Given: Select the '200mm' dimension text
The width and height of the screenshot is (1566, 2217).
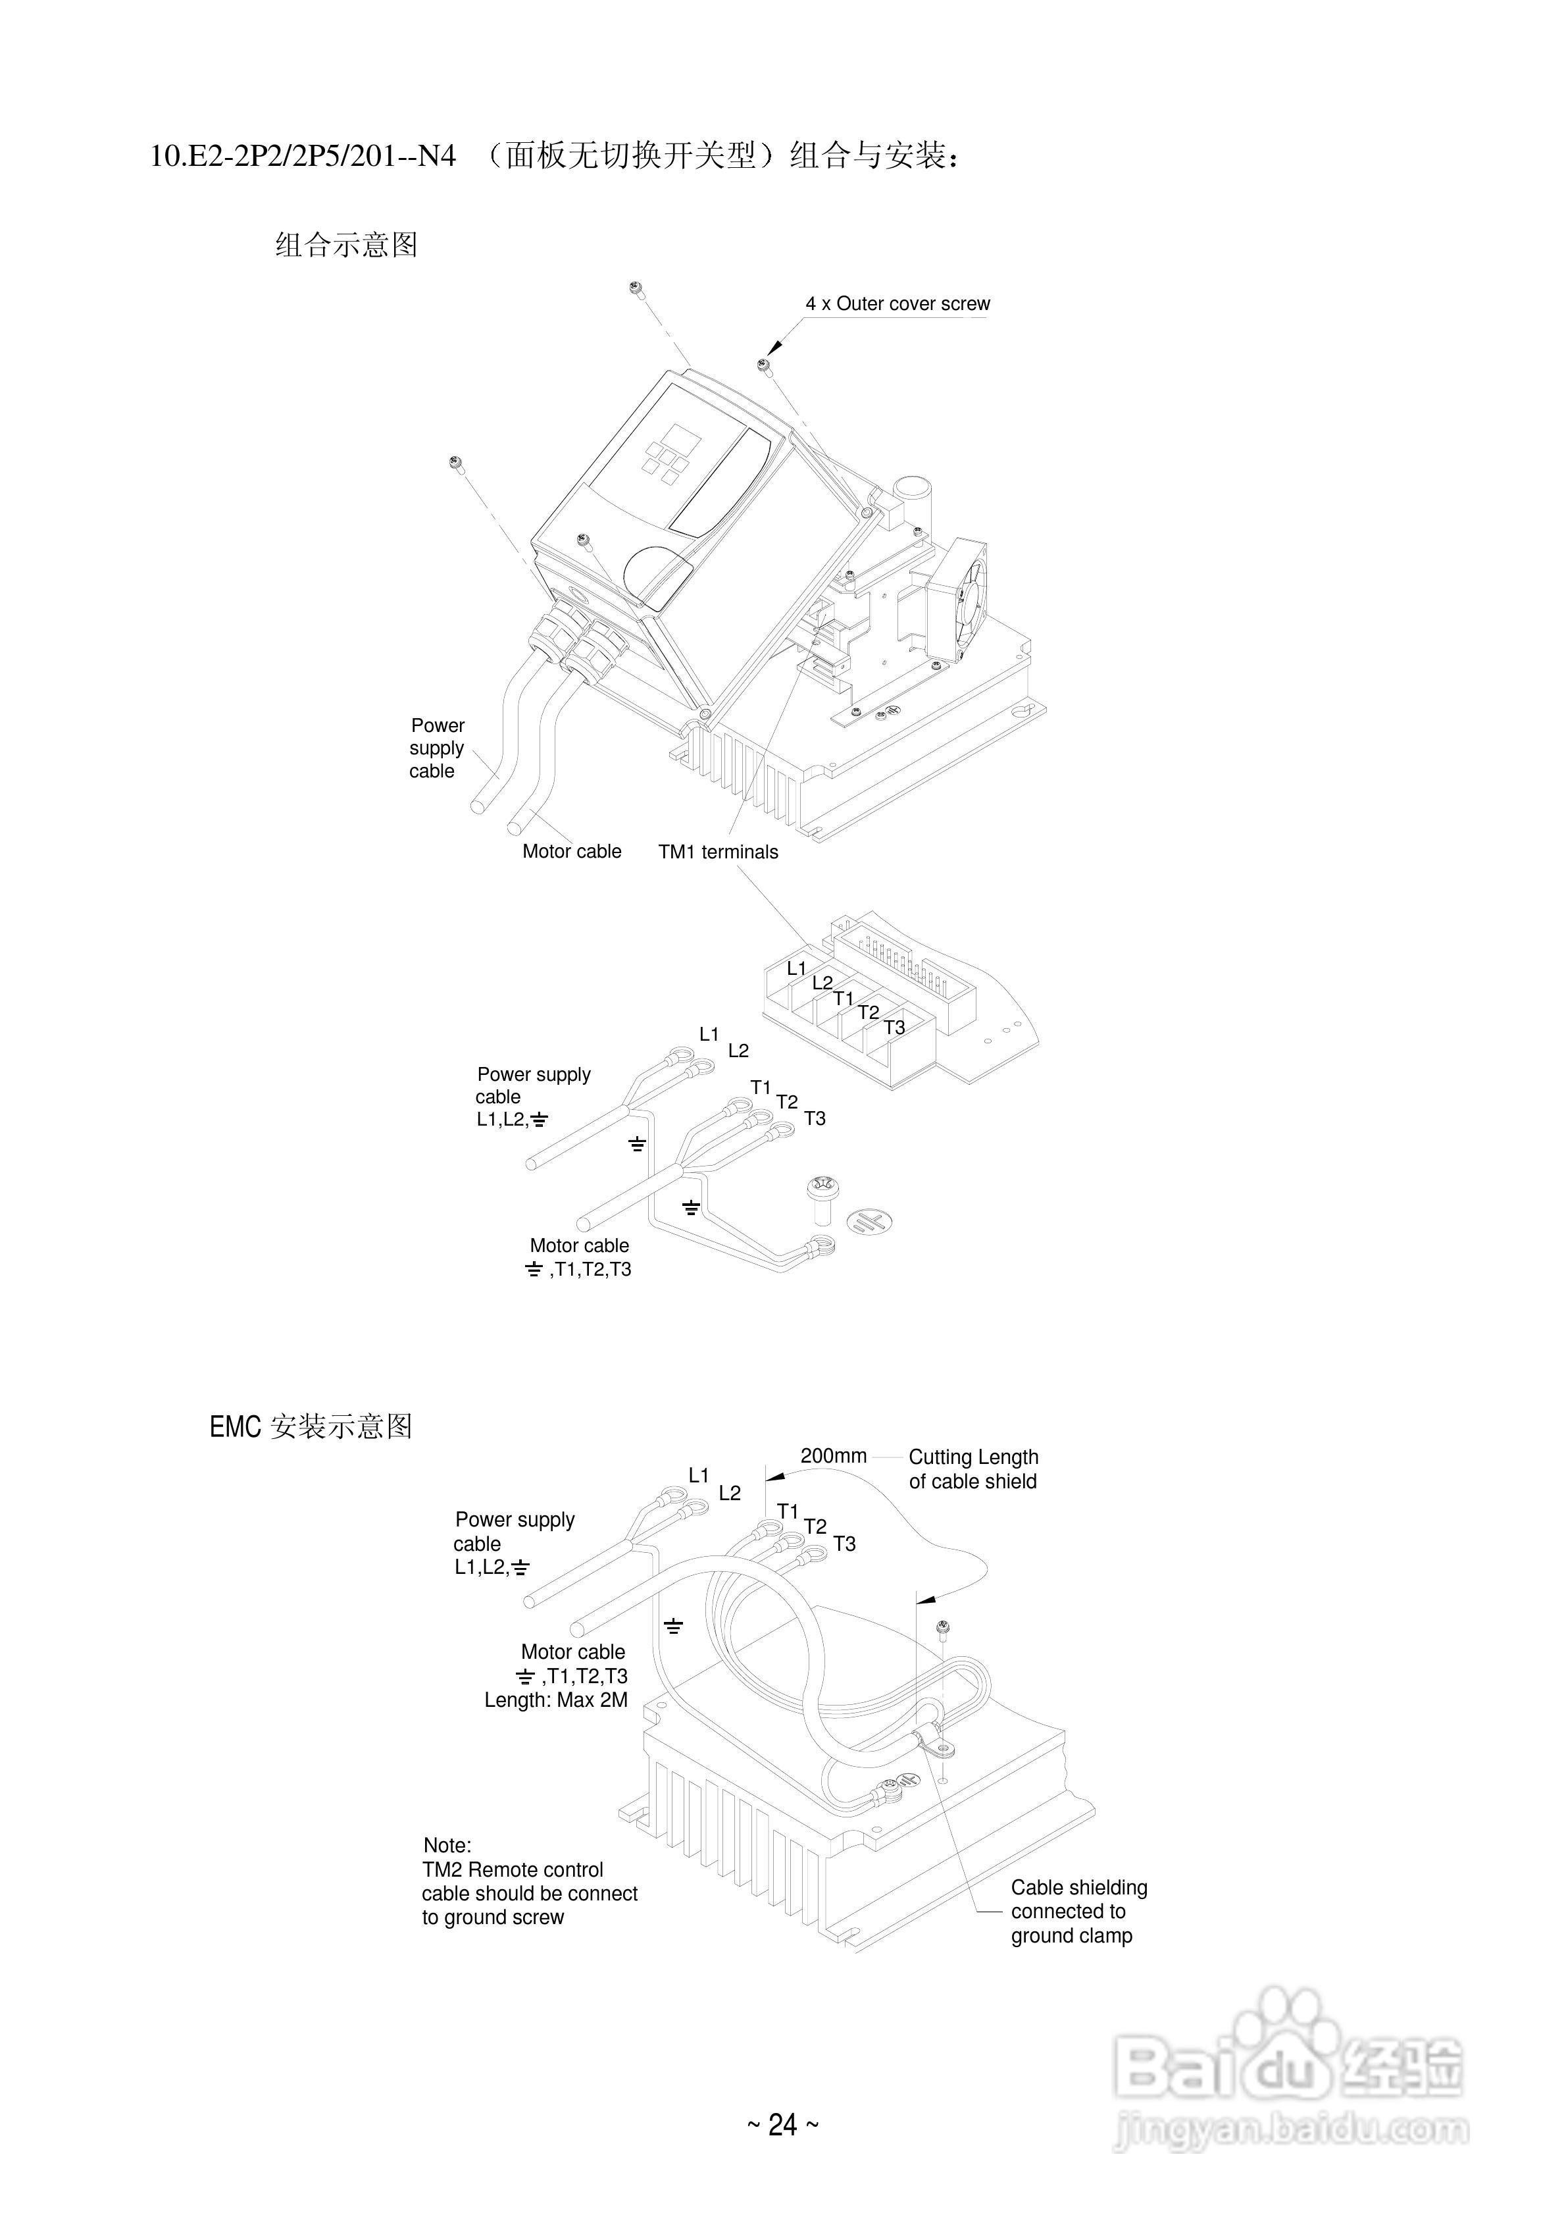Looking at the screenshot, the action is pyautogui.click(x=833, y=1456).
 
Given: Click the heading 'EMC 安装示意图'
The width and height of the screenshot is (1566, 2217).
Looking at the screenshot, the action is pyautogui.click(x=311, y=1427).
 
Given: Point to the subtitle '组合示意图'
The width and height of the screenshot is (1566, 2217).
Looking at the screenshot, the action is pyautogui.click(x=345, y=246).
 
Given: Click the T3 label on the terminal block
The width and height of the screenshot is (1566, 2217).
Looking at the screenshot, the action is pyautogui.click(x=895, y=1028).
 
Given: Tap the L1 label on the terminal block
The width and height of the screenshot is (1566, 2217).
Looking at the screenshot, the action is pyautogui.click(x=797, y=968).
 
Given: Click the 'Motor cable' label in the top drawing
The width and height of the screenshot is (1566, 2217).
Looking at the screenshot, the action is pyautogui.click(x=572, y=852).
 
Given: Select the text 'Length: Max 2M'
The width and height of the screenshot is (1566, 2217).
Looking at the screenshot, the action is pyautogui.click(x=556, y=1700).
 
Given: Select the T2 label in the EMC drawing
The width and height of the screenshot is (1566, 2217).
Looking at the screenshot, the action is pyautogui.click(x=815, y=1526).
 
